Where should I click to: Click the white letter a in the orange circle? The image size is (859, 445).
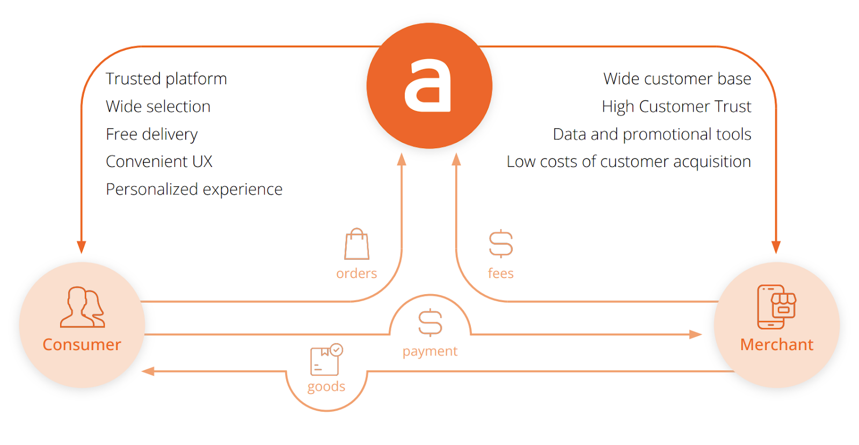428,86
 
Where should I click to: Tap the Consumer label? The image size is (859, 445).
82,345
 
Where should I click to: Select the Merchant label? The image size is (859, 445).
776,345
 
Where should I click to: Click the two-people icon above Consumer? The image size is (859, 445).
82,307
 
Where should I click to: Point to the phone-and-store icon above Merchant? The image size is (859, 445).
776,307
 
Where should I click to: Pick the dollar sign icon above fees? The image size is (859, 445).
500,244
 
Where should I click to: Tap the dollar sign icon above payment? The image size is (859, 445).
430,323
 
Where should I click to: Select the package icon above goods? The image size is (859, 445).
326,360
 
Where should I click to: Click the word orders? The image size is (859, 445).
356,274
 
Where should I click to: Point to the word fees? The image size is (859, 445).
500,274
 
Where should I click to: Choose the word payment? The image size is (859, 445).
430,352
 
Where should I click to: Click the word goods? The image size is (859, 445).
326,387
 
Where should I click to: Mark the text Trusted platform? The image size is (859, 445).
166,79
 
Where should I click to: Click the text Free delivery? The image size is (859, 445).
152,134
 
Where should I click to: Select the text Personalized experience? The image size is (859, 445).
194,189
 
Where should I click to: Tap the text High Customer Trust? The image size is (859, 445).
676,107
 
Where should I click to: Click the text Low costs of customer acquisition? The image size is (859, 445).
629,162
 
